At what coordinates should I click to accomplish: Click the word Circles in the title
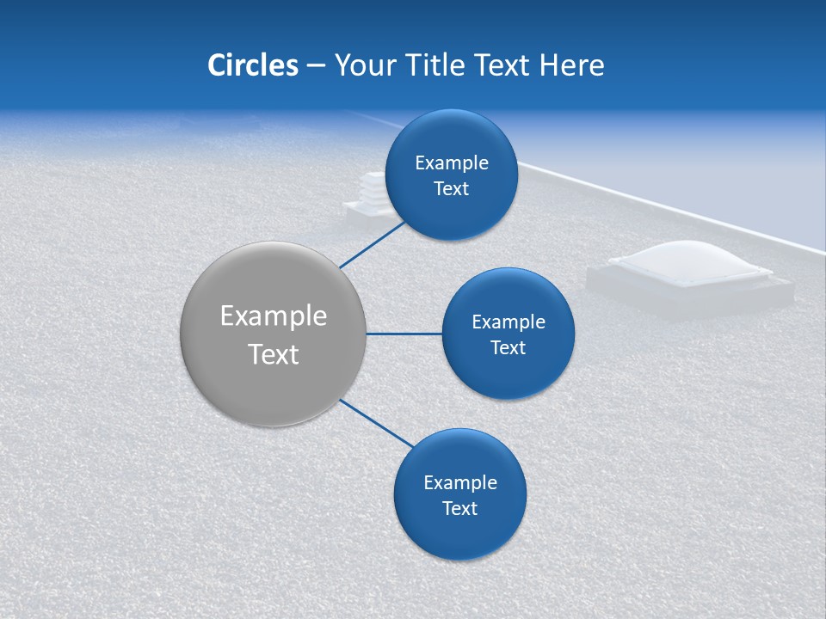click(252, 64)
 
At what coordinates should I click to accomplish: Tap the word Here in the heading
click(571, 64)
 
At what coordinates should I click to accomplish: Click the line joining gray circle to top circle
click(373, 244)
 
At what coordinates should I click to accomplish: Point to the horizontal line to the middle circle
click(404, 334)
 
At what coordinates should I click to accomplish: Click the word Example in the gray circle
click(273, 316)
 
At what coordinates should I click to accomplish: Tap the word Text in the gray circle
click(273, 354)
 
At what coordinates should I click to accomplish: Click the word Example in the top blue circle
click(451, 163)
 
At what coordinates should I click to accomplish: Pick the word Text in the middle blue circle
click(508, 348)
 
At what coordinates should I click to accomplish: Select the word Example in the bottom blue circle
click(459, 483)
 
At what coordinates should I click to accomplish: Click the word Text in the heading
click(502, 64)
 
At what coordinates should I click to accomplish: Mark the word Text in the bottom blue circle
click(459, 509)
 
